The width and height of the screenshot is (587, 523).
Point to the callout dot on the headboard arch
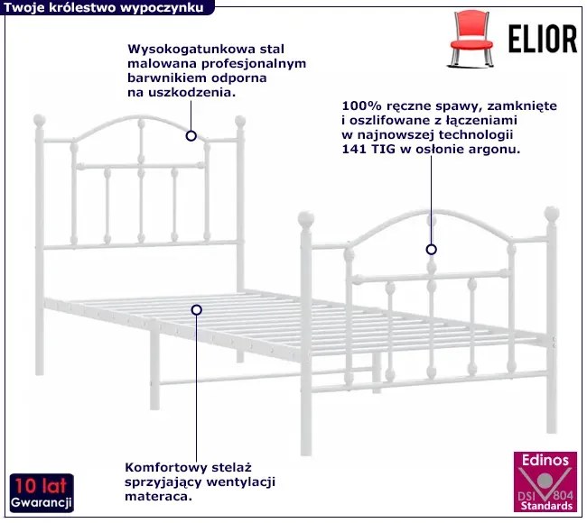(x=191, y=136)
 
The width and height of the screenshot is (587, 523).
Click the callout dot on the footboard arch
(x=432, y=250)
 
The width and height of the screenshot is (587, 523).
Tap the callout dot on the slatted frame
(x=196, y=309)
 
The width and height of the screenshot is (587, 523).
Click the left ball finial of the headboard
(x=39, y=119)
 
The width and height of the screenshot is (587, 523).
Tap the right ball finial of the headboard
(x=240, y=120)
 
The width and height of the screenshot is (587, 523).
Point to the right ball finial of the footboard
(x=551, y=215)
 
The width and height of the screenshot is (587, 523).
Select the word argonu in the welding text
(x=493, y=149)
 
